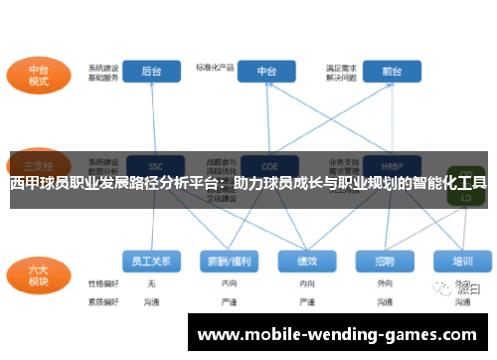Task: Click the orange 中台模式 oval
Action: coord(38,73)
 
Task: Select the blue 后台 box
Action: coord(152,72)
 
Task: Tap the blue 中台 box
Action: coord(266,72)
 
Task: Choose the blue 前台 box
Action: coord(391,72)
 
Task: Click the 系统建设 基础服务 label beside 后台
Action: coord(103,73)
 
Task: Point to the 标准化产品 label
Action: coord(216,68)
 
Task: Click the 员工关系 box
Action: coord(152,261)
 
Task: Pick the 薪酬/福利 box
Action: coord(228,261)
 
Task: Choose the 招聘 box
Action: coord(385,261)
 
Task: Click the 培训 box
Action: coord(462,261)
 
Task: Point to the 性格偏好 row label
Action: coord(103,283)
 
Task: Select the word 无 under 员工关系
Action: coord(151,283)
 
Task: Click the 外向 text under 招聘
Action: coord(385,283)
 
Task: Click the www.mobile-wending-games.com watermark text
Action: coord(337,334)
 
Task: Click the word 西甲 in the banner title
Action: coord(23,183)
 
